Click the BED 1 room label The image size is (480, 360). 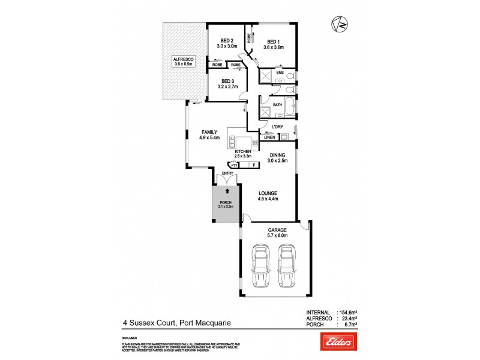pyautogui.click(x=273, y=41)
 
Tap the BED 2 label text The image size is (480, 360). pyautogui.click(x=227, y=41)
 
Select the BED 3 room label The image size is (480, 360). pyautogui.click(x=227, y=81)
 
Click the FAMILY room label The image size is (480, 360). pyautogui.click(x=209, y=132)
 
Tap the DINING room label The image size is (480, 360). pyautogui.click(x=277, y=155)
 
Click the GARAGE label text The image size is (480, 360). pyautogui.click(x=277, y=230)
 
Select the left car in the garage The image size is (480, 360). pyautogui.click(x=261, y=267)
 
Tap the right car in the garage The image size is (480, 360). pyautogui.click(x=286, y=267)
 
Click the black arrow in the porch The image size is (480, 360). pyautogui.click(x=227, y=188)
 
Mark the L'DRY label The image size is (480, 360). pyautogui.click(x=277, y=127)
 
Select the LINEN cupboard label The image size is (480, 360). pyautogui.click(x=269, y=137)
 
